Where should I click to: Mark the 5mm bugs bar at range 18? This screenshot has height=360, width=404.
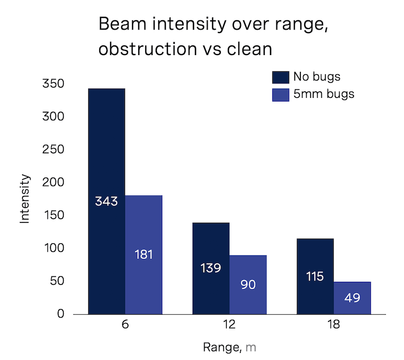352,298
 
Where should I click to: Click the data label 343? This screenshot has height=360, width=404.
107,201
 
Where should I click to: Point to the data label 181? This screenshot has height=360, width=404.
143,254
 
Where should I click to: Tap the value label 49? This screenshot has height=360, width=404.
352,298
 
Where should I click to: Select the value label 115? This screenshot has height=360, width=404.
315,276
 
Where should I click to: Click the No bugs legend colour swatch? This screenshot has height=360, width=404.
281,77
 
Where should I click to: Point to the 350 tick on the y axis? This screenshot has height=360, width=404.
54,84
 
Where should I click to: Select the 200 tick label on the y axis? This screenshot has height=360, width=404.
54,183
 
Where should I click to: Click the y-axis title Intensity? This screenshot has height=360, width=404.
25,199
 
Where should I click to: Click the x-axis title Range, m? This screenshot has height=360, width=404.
230,348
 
